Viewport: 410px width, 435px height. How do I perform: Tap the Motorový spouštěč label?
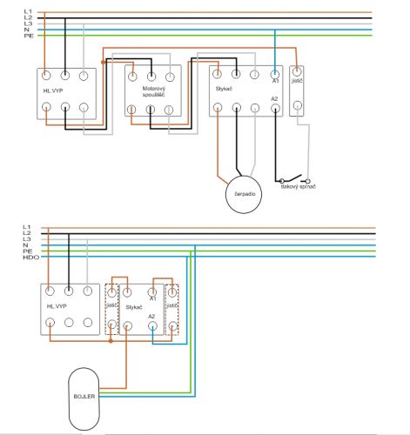pos(154,91)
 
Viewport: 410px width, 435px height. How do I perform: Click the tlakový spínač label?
pos(298,186)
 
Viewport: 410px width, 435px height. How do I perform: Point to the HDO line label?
pos(31,258)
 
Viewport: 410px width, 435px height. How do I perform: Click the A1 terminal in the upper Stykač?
pos(275,75)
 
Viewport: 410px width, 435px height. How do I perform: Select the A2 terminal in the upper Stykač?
pos(275,109)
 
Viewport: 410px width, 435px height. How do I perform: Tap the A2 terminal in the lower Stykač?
pos(152,326)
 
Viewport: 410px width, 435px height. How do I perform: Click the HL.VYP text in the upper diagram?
pos(53,90)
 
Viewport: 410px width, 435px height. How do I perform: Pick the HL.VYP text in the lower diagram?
pos(57,306)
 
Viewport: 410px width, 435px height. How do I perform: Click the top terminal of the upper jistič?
pos(297,71)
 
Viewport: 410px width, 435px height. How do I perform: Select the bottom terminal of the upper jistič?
pos(297,105)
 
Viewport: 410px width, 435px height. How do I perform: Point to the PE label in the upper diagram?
pos(29,36)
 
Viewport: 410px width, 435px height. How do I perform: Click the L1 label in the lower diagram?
pos(27,227)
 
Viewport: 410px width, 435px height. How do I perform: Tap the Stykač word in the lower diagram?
pos(134,307)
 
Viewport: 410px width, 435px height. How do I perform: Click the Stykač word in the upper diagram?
pos(224,89)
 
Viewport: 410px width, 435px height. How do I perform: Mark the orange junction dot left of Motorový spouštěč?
pos(103,62)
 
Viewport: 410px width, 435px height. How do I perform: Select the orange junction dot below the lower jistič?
pos(111,341)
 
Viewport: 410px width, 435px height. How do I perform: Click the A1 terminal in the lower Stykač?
pos(152,292)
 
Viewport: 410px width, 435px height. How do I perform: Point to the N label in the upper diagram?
pos(27,30)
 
